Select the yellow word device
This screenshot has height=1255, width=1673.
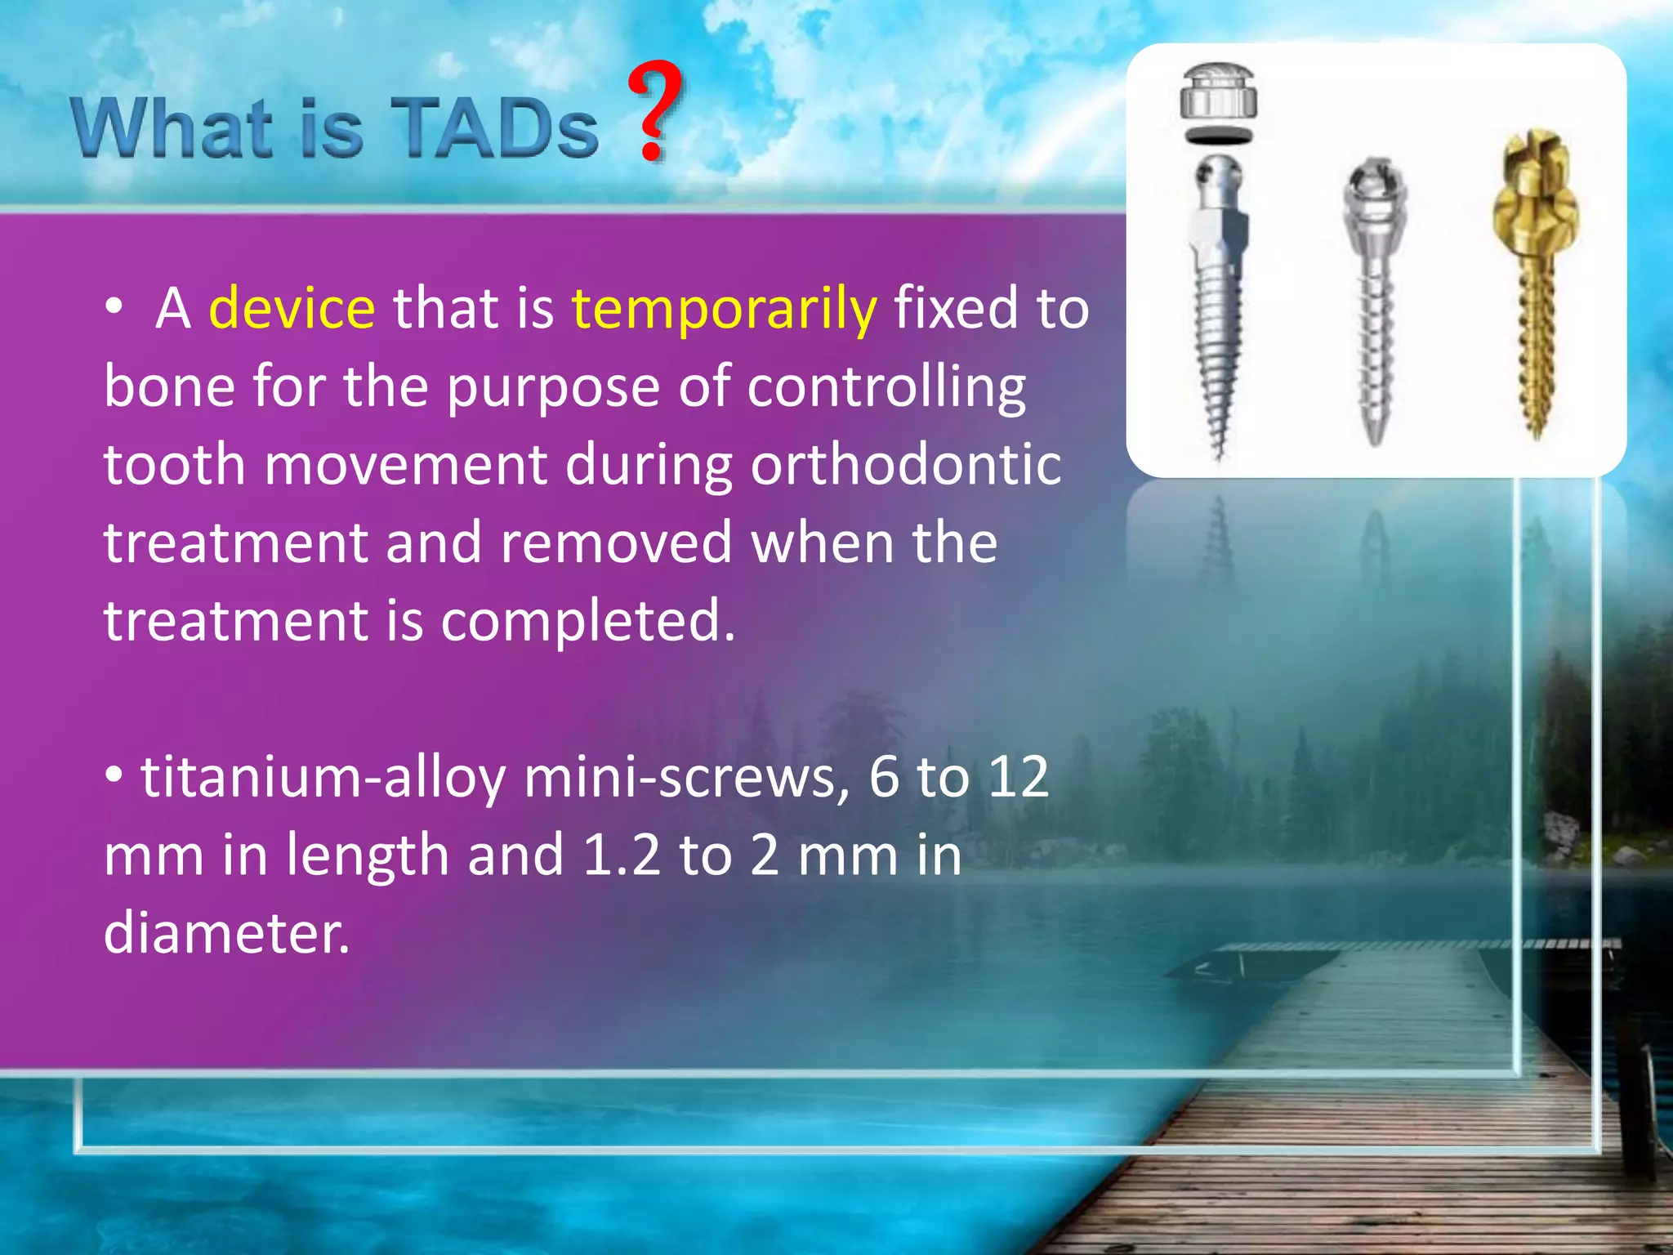click(x=292, y=309)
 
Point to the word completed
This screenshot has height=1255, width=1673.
click(x=588, y=621)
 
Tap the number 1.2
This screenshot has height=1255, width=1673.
click(x=622, y=855)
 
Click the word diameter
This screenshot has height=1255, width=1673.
click(x=226, y=933)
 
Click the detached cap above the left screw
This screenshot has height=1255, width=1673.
click(x=1219, y=92)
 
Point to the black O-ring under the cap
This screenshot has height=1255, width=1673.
click(x=1219, y=136)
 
